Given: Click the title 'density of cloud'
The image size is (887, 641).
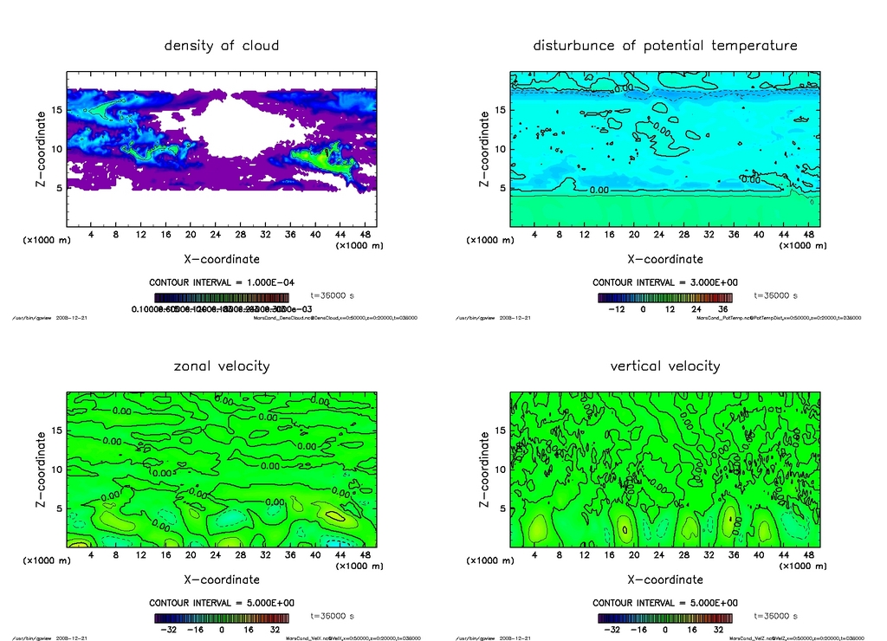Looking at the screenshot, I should pos(222,45).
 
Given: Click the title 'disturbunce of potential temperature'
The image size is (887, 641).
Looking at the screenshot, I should pos(664,45).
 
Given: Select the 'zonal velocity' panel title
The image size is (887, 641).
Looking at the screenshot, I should pos(222,366).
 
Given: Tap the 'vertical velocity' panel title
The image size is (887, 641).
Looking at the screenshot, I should pos(664,366).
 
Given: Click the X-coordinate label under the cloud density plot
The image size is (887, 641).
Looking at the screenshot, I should pos(222,258).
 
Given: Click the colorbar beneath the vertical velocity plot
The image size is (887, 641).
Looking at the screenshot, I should pos(664,618).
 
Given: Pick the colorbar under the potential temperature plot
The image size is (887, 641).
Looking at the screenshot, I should pos(664,297).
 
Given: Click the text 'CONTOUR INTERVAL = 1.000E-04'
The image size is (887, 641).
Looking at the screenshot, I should pos(222,282).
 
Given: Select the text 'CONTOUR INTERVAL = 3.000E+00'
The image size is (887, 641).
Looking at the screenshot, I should pos(664,282).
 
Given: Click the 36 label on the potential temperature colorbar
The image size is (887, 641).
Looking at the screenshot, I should pos(722,308).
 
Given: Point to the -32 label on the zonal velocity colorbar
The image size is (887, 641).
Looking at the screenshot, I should pos(169,630).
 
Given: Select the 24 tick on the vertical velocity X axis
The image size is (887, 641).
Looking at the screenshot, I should pos(659,554).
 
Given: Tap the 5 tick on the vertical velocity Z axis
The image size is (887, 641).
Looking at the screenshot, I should pos(500,508).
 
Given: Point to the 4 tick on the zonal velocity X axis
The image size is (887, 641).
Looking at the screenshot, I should pos(91,554).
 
